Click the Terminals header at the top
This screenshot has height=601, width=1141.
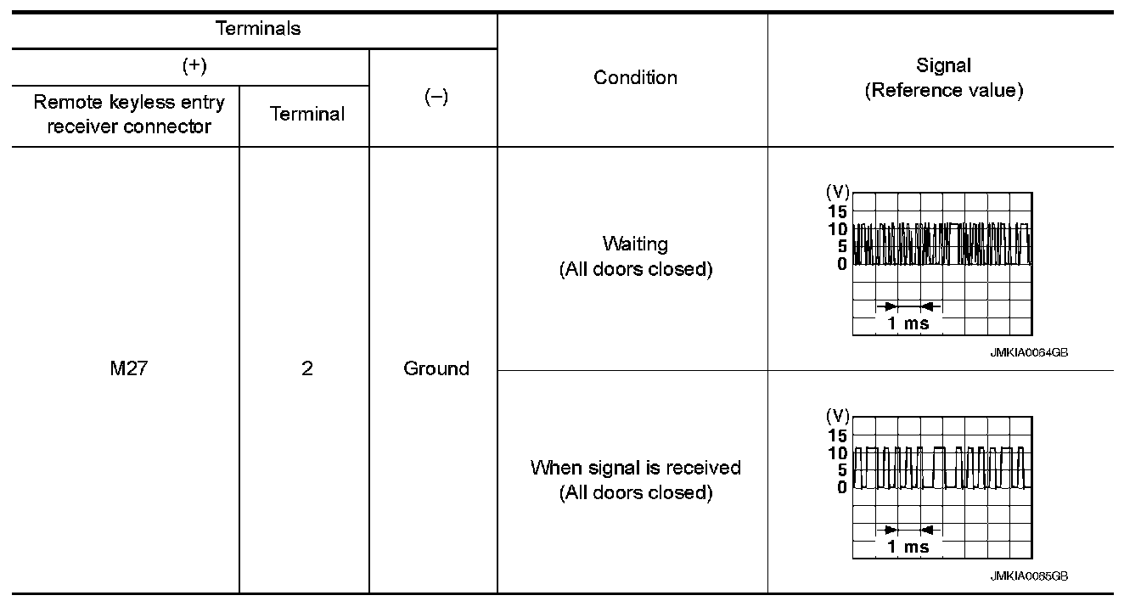point(258,29)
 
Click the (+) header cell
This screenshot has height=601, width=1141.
point(194,66)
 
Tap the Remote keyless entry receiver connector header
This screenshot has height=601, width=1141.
point(129,115)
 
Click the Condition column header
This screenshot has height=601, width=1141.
point(635,77)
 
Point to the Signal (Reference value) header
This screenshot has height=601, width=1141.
point(943,78)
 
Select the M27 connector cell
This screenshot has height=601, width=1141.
point(129,368)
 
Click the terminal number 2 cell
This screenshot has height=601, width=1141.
point(306,368)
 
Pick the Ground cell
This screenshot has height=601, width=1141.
point(436,368)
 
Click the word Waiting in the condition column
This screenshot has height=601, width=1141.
point(635,244)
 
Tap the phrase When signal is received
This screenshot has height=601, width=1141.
point(635,468)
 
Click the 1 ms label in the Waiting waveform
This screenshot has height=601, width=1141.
point(908,323)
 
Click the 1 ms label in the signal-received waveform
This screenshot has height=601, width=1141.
point(908,547)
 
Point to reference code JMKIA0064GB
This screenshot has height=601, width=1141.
point(1028,353)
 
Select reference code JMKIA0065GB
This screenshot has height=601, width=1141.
point(1028,576)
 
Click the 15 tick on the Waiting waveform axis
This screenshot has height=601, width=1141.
point(837,211)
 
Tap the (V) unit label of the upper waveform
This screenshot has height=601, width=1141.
point(837,193)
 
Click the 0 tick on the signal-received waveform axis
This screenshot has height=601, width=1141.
point(841,487)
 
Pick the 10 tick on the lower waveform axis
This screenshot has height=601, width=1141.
point(837,452)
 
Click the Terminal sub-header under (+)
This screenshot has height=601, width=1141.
point(306,115)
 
